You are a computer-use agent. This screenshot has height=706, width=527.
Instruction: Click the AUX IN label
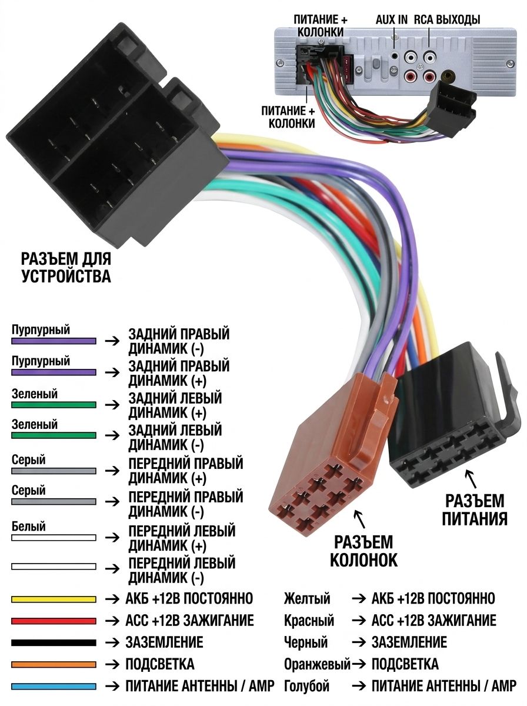tap(391, 20)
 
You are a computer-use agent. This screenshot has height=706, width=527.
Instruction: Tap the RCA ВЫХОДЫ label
tap(447, 20)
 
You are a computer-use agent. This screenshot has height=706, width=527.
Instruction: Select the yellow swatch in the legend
tap(54, 599)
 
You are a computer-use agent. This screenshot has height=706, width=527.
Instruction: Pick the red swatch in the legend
tap(54, 621)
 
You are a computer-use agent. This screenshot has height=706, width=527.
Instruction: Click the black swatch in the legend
tap(54, 642)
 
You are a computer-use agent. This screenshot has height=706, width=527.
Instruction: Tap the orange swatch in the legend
tap(54, 664)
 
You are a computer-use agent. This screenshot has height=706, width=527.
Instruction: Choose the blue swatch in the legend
tap(54, 687)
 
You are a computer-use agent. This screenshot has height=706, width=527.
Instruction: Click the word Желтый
tap(307, 599)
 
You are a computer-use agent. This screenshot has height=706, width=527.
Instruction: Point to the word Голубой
tap(307, 686)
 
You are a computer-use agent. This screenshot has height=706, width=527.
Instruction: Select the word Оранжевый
tap(316, 664)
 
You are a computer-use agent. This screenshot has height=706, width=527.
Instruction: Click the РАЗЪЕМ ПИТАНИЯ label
tap(475, 510)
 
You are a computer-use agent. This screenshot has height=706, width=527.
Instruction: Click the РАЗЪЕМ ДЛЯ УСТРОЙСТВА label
tap(66, 268)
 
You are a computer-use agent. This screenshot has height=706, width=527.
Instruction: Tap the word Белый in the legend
tap(29, 527)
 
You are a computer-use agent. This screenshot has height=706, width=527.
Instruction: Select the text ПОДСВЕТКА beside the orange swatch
tap(160, 664)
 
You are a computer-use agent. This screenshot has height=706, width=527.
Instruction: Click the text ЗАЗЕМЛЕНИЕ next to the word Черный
tap(409, 642)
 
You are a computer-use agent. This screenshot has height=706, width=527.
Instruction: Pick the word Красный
tap(309, 621)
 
